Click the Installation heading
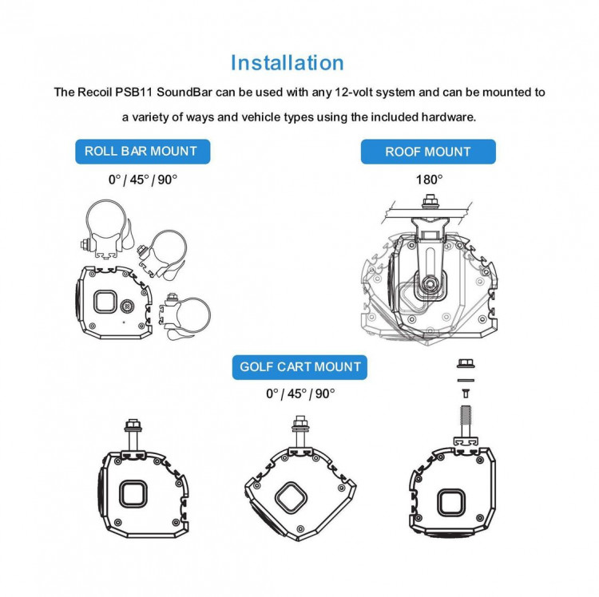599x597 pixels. coord(288,63)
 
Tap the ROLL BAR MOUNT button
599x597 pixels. coord(142,152)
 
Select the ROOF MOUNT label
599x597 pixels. coord(428,152)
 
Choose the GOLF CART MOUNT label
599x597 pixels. coord(299,367)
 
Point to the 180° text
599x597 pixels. coord(430,180)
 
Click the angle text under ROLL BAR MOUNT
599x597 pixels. coord(143,180)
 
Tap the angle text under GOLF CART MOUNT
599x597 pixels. coord(300,394)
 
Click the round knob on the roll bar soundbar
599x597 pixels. coord(127,306)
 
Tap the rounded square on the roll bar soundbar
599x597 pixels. coord(105,302)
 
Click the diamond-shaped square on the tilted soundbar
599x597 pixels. coord(291,497)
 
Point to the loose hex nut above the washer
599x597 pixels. coord(466,363)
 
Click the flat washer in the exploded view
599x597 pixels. coord(466,380)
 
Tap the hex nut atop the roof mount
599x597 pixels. coord(430,201)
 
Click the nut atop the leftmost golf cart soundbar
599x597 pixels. coord(133,425)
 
